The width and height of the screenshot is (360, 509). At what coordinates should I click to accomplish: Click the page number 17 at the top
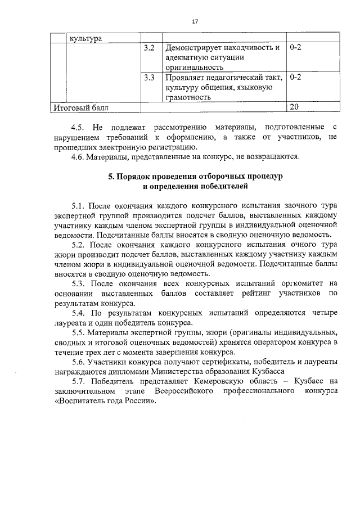(195, 21)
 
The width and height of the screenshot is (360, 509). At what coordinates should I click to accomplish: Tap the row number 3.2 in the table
(149, 48)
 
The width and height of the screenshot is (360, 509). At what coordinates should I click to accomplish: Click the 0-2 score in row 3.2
(296, 48)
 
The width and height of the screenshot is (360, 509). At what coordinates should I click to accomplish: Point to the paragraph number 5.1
(79, 205)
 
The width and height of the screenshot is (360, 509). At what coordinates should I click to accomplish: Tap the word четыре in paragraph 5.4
(325, 313)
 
